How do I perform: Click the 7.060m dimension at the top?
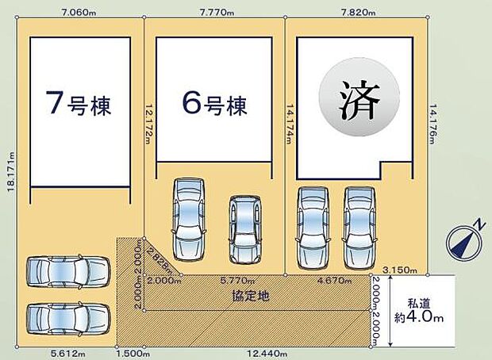pyautogui.click(x=77, y=12)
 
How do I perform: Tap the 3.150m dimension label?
pyautogui.click(x=398, y=270)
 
